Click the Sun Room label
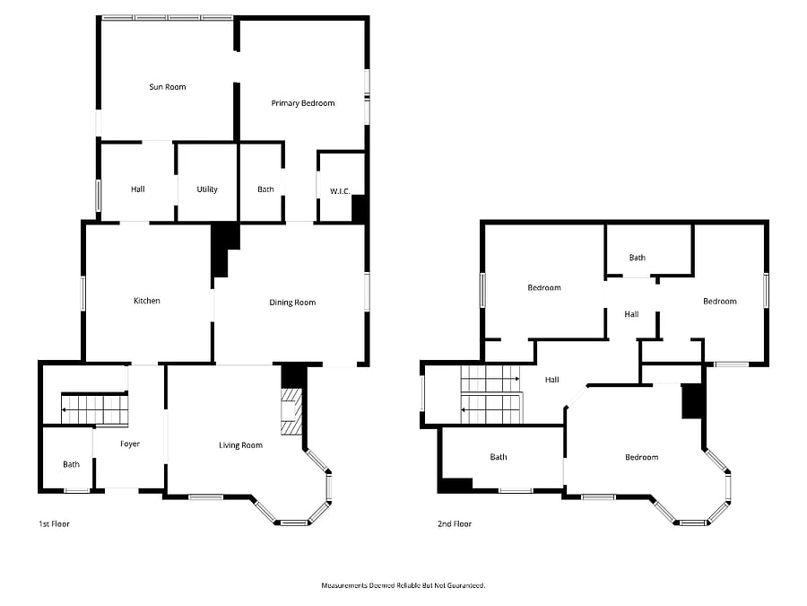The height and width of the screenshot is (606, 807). [168, 87]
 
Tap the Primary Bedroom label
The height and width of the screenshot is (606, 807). [303, 103]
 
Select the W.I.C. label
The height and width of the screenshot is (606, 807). [340, 191]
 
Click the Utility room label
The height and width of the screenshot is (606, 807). [207, 189]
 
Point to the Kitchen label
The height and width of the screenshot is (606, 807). [147, 301]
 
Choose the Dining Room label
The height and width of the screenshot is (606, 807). [292, 303]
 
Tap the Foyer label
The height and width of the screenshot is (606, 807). [130, 444]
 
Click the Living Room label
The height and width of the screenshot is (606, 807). [240, 445]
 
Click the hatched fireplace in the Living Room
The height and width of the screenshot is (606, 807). [291, 412]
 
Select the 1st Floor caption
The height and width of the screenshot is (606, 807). [54, 524]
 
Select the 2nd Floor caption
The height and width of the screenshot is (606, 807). [455, 524]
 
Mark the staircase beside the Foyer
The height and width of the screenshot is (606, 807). [95, 409]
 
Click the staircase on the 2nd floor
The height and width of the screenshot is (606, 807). [491, 395]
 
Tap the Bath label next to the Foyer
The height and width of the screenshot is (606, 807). [71, 465]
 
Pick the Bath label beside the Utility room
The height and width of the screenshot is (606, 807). [265, 189]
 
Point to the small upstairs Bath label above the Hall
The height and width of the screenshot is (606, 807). [638, 258]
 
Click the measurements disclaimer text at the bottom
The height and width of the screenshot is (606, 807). [403, 585]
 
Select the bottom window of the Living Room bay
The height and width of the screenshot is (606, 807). [294, 523]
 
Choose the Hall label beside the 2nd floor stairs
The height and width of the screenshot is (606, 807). [551, 380]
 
